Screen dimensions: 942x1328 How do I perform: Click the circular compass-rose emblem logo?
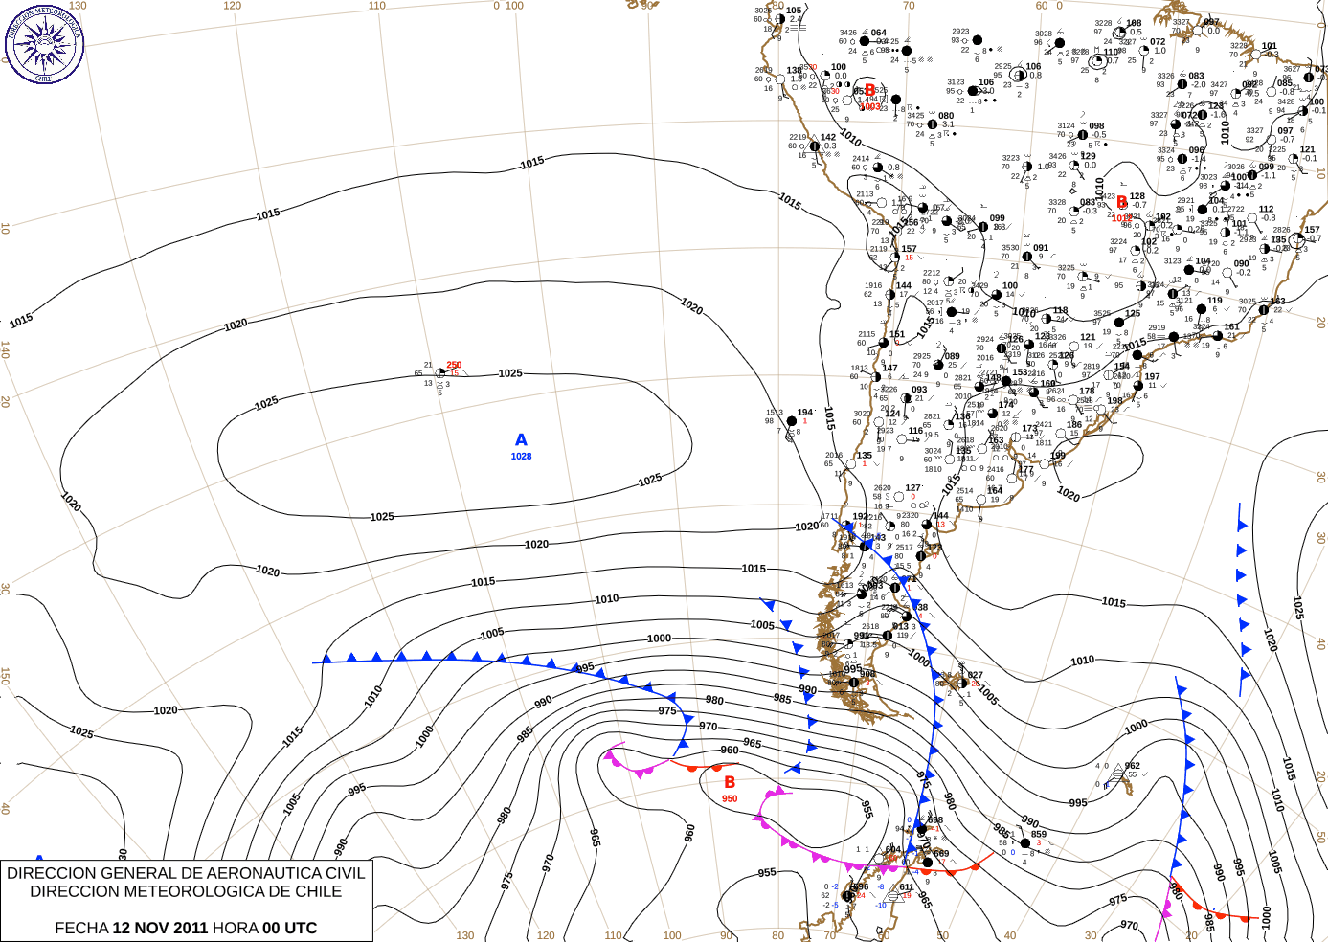[44, 43]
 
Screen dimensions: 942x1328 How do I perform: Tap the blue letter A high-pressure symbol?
[521, 440]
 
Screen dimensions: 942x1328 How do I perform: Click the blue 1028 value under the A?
[521, 457]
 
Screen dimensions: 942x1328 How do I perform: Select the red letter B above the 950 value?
[730, 783]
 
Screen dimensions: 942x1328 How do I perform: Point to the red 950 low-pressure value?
[730, 799]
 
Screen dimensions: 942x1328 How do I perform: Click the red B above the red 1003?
[869, 90]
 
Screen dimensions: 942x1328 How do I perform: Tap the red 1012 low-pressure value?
[1121, 218]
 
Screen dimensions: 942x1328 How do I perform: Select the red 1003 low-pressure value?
[869, 106]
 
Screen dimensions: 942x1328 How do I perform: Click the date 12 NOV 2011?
[160, 928]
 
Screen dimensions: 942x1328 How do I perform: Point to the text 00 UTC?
[289, 928]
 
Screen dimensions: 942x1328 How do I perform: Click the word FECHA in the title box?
[81, 928]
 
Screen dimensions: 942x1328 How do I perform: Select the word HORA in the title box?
[236, 928]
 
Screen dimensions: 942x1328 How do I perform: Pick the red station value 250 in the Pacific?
[454, 365]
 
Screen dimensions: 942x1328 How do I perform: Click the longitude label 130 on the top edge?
[78, 6]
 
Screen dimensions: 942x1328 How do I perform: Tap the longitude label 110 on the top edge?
[377, 6]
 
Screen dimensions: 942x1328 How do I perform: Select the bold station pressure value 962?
[1133, 766]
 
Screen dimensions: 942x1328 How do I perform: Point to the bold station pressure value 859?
[1039, 834]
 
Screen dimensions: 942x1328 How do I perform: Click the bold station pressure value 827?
[975, 675]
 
